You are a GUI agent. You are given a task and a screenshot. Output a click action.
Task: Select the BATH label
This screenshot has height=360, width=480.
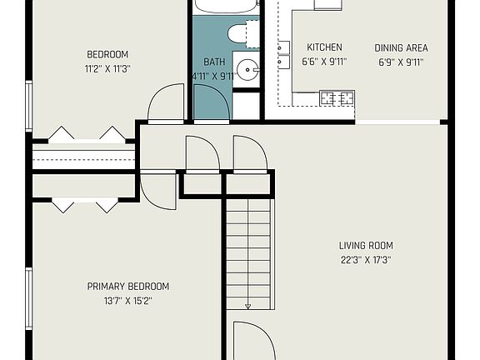[x=213, y=62]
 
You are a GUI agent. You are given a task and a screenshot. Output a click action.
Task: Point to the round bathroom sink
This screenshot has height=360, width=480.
[x=246, y=67]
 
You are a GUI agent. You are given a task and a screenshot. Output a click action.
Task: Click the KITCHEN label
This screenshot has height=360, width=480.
[x=324, y=47]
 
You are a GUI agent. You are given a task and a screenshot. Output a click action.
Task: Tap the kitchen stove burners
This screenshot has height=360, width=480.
[x=337, y=98]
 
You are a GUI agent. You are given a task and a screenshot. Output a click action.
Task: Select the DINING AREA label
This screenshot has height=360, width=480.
[x=402, y=47]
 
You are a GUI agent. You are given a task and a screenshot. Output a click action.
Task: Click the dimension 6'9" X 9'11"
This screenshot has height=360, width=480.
[x=402, y=61]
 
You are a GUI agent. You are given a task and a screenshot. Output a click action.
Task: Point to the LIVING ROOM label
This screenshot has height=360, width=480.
[x=366, y=245]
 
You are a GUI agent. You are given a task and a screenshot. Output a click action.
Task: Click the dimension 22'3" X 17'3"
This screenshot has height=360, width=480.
[x=366, y=259]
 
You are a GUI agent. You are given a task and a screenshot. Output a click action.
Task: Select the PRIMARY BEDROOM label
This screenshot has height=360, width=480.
[x=128, y=286]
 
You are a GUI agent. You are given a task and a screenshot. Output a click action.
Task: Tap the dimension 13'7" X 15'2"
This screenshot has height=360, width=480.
[x=128, y=300]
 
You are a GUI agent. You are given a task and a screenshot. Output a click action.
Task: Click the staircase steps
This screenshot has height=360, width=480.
[x=248, y=250]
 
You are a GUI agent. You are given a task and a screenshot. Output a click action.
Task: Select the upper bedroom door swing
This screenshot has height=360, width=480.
[x=166, y=103]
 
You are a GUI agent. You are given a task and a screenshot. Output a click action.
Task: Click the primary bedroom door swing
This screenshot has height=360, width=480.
[x=158, y=191]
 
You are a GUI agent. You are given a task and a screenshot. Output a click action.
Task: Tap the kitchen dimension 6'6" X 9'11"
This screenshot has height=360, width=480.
[x=324, y=61]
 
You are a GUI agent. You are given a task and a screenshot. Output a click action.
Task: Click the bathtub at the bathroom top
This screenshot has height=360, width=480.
[x=225, y=7]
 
